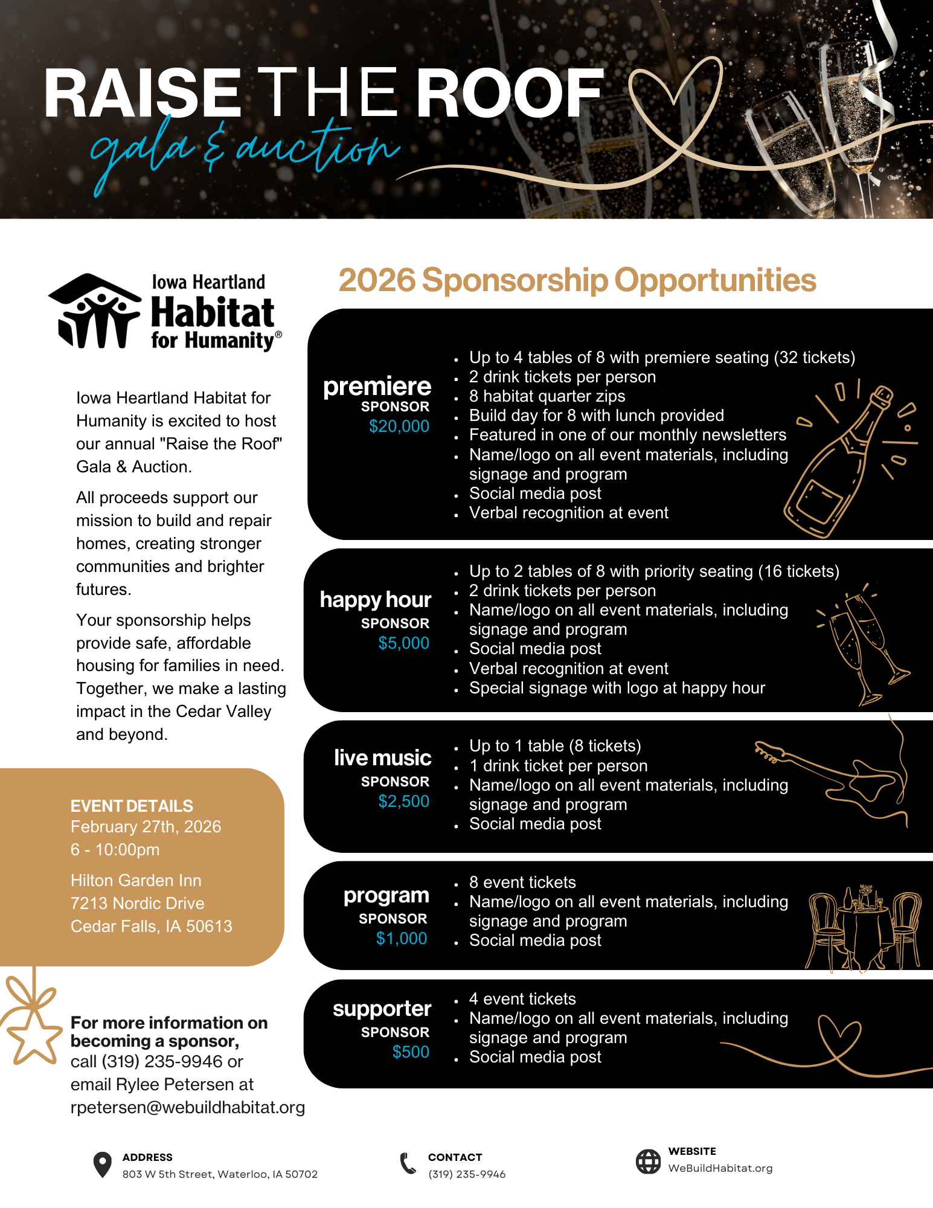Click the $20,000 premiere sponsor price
pyautogui.click(x=399, y=426)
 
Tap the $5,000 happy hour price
pyautogui.click(x=403, y=643)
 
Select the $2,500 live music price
pyautogui.click(x=403, y=802)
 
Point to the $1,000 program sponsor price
pyautogui.click(x=402, y=939)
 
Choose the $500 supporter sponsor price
pyautogui.click(x=411, y=1052)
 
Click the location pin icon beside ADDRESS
pyautogui.click(x=103, y=1165)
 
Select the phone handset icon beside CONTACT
pyautogui.click(x=408, y=1163)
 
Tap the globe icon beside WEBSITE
pyautogui.click(x=648, y=1161)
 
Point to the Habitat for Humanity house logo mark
pyautogui.click(x=94, y=311)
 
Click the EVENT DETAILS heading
pyautogui.click(x=132, y=806)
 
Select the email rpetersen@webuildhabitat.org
pyautogui.click(x=187, y=1107)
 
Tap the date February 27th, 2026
pyautogui.click(x=146, y=826)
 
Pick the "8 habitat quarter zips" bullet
pyautogui.click(x=547, y=396)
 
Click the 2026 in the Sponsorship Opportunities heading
pyautogui.click(x=377, y=280)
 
